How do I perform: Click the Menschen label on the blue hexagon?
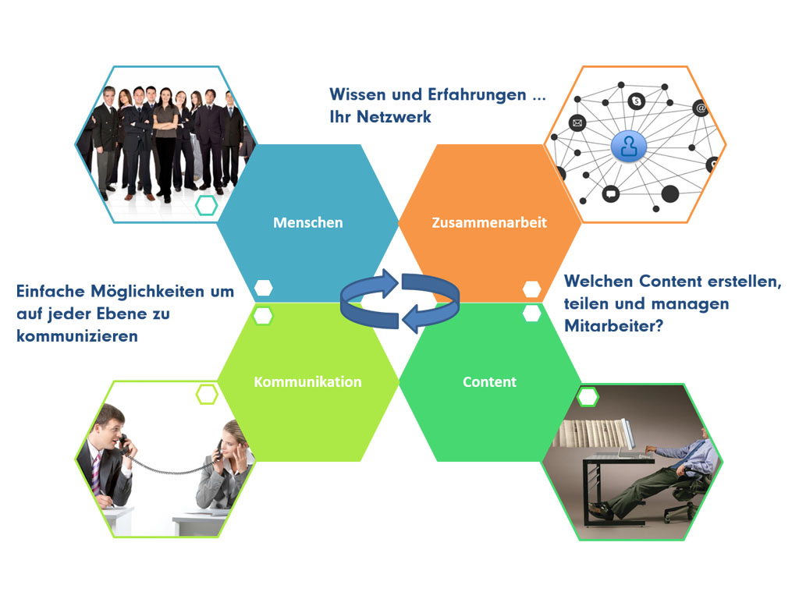(x=307, y=222)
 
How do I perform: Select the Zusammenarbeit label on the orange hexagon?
(x=489, y=222)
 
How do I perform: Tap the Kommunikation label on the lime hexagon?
(x=307, y=382)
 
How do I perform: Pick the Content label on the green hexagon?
(x=489, y=382)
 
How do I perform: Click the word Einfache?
(x=51, y=292)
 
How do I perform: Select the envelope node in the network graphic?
(x=577, y=122)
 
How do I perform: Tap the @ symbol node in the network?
(x=701, y=108)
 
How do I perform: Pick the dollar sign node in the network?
(x=637, y=101)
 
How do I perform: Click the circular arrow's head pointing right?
(x=390, y=282)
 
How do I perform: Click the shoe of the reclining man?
(x=599, y=509)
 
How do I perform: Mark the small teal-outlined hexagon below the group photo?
(x=206, y=205)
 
